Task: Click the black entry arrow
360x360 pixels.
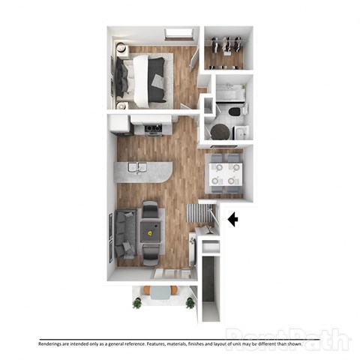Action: (232, 220)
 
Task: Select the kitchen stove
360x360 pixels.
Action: (154, 128)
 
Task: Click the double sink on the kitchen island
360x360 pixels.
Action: (138, 167)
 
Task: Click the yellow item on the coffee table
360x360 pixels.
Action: (151, 233)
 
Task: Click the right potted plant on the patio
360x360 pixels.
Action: (190, 302)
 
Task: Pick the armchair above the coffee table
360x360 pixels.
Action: (151, 211)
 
